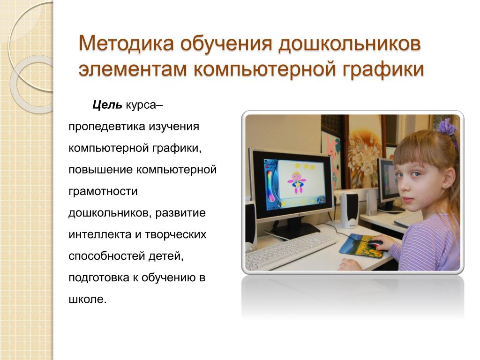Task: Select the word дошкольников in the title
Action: [350, 44]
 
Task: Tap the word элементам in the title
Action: [133, 69]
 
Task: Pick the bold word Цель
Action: [107, 105]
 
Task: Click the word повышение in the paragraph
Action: [101, 170]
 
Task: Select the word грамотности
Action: [103, 192]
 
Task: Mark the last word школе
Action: [87, 300]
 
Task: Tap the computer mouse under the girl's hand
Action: [375, 244]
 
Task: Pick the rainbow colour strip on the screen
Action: [270, 185]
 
